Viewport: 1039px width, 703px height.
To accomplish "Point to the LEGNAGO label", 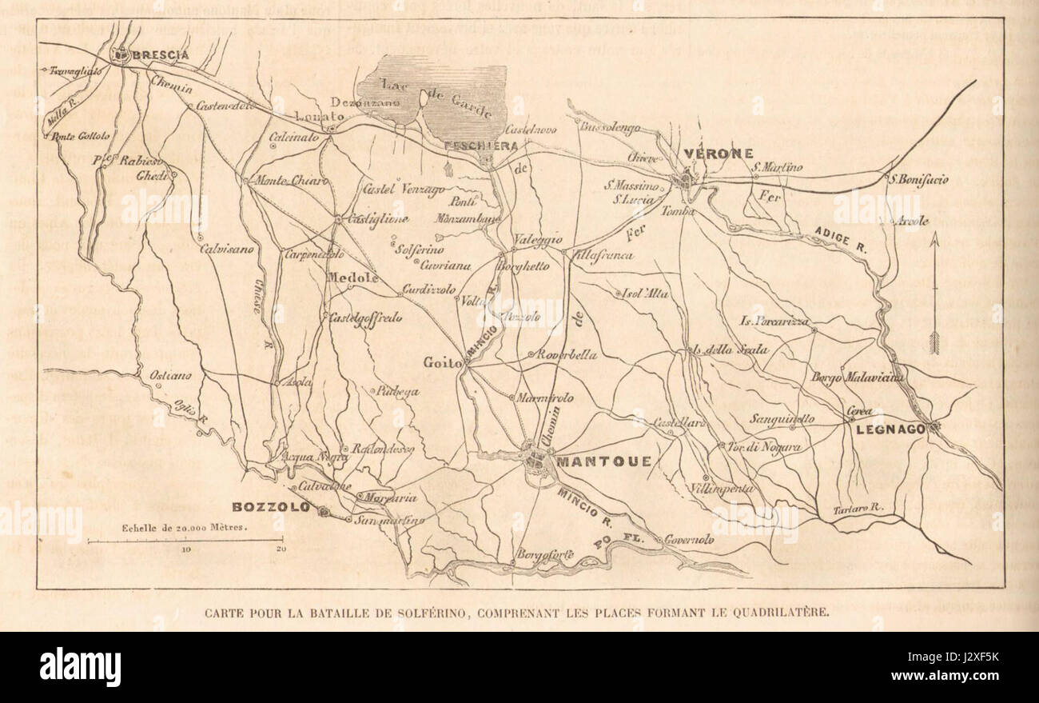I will point(890,429).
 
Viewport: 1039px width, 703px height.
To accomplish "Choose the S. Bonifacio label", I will point(919,180).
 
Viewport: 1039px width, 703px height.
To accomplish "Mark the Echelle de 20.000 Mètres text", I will point(184,528).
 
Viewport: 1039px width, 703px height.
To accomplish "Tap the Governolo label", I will point(688,540).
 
